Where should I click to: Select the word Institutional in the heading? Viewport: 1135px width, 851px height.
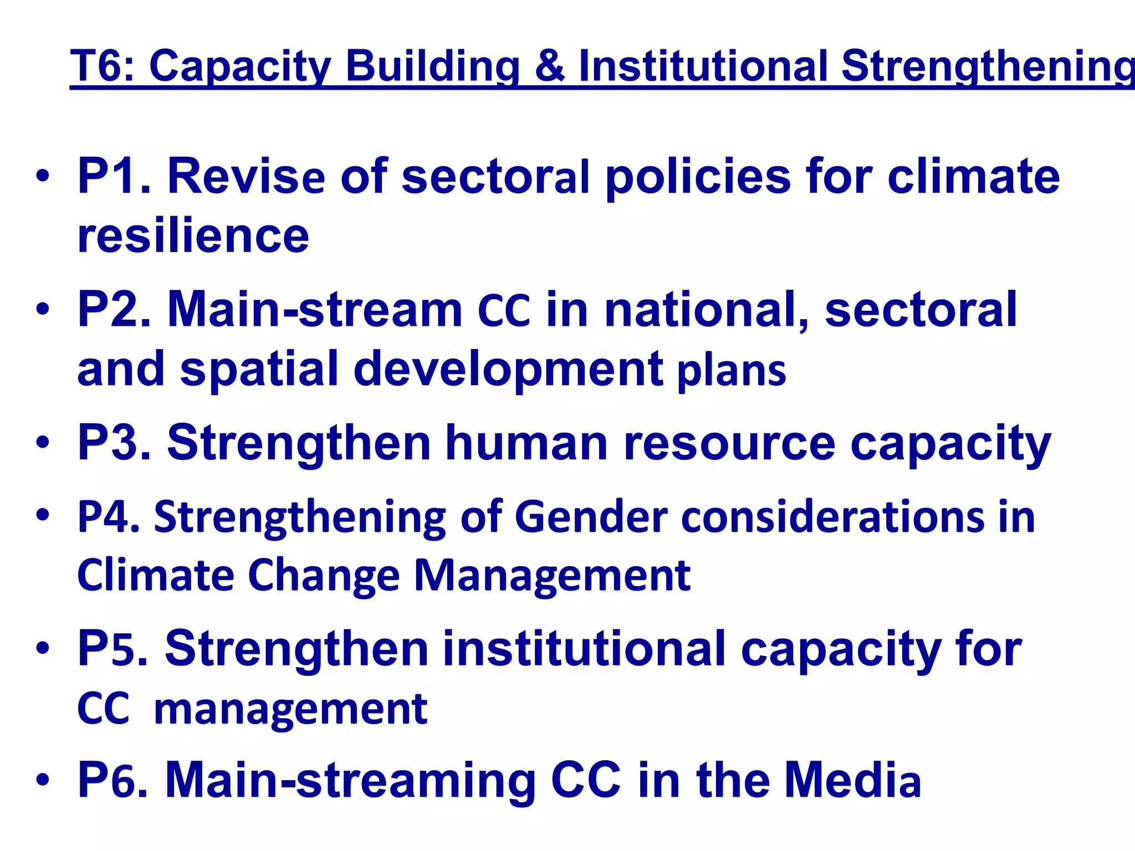click(x=703, y=66)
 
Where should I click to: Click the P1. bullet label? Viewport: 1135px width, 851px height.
click(x=114, y=176)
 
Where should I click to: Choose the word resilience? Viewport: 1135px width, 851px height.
click(x=193, y=236)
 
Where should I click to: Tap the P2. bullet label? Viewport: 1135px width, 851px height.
click(x=114, y=309)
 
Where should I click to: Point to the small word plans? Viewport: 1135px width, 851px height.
click(x=732, y=371)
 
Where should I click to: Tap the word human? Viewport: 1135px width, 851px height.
click(x=526, y=443)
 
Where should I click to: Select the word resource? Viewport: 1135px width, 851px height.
click(x=729, y=443)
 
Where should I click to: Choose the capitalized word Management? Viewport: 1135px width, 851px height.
click(x=552, y=576)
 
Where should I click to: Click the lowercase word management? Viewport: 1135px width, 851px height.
click(x=290, y=709)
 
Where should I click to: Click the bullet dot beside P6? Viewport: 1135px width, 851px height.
click(x=43, y=780)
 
